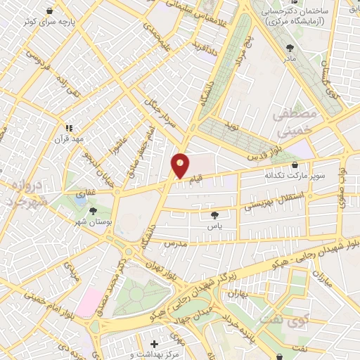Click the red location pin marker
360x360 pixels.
click(180, 165)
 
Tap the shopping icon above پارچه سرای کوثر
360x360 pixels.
click(49, 11)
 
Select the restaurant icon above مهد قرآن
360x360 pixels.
click(69, 128)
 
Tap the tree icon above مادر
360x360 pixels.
click(290, 48)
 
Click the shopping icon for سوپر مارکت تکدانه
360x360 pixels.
click(294, 165)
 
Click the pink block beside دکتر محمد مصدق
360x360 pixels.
click(89, 303)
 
